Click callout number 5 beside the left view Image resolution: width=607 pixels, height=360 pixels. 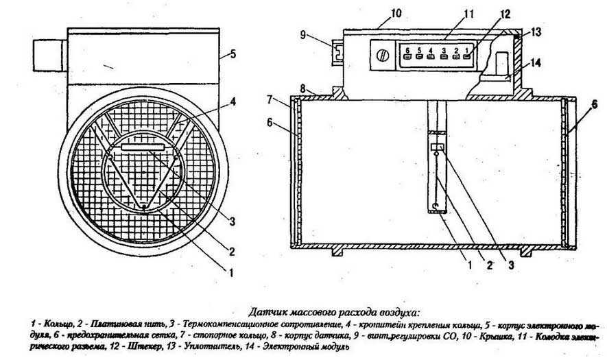pos(233,53)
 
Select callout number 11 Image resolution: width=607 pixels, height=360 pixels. pos(449,14)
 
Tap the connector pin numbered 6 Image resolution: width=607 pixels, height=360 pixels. pos(409,54)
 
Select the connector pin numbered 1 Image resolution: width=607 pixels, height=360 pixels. pos(468,54)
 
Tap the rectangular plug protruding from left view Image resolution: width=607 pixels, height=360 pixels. pos(47,52)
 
